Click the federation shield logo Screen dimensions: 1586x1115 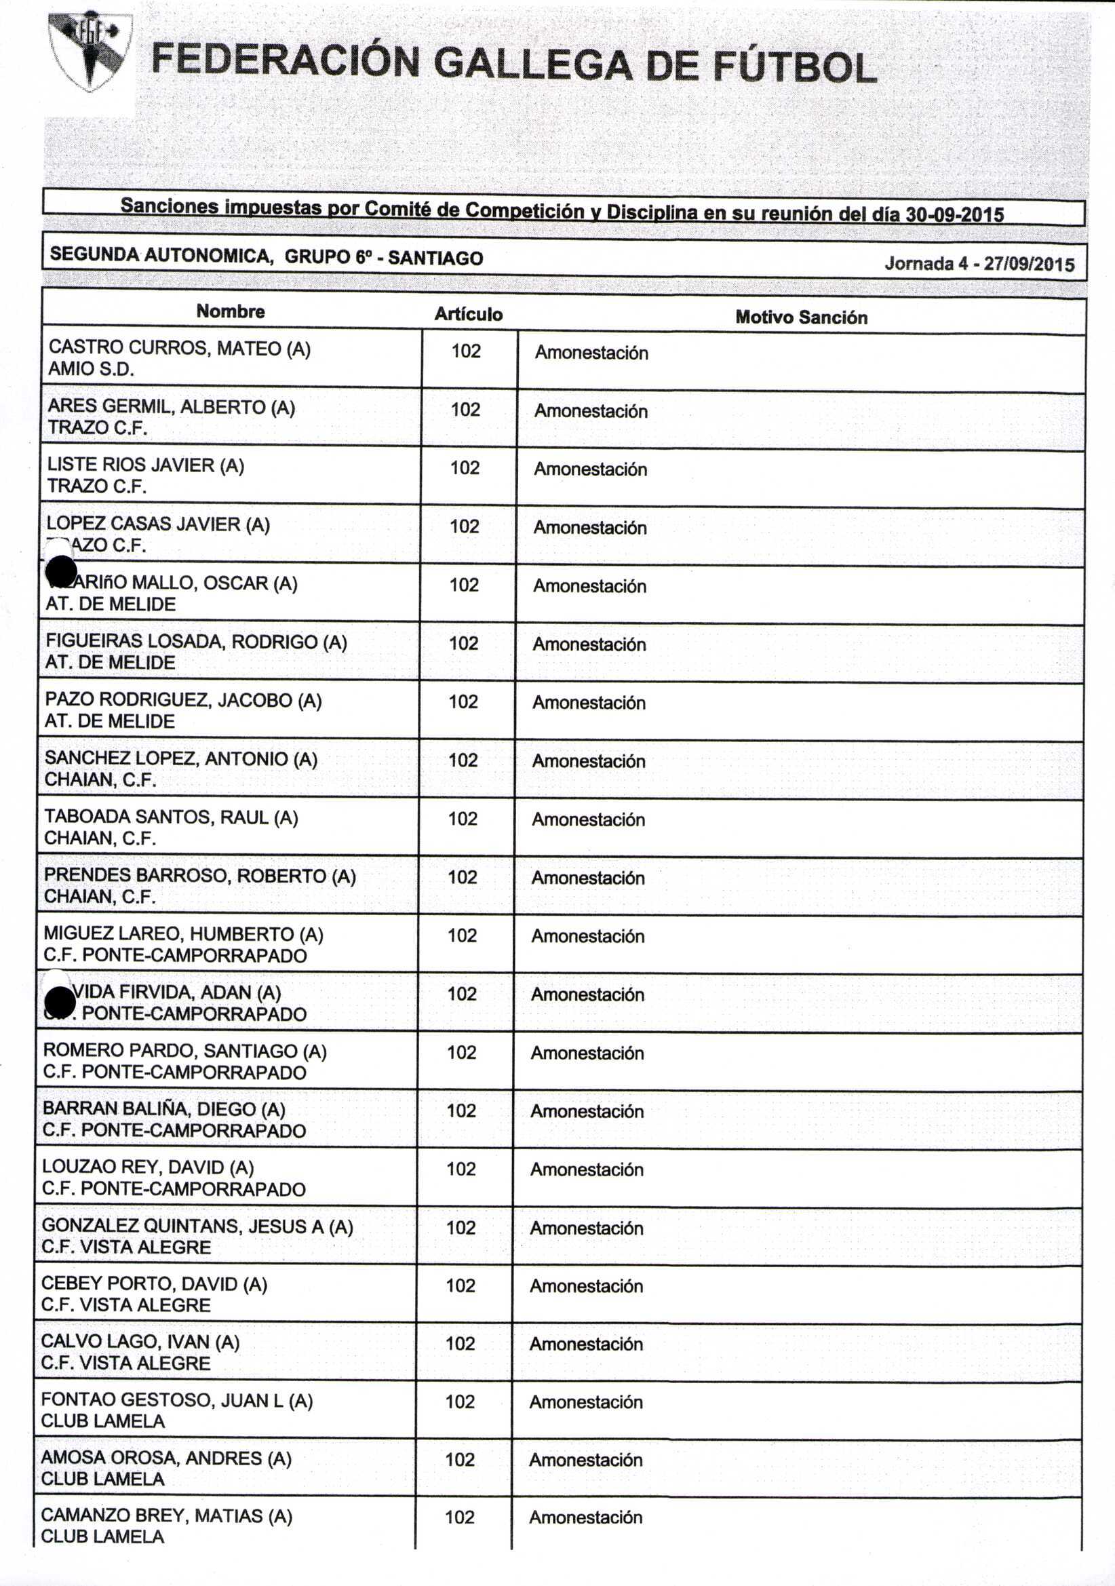click(x=89, y=52)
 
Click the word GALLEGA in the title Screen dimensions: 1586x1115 click(x=532, y=64)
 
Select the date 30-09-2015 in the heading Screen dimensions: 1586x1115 click(x=955, y=214)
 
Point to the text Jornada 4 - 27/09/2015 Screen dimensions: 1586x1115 click(x=979, y=264)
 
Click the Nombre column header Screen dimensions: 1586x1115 click(x=231, y=311)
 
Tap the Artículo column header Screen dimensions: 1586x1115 click(x=469, y=314)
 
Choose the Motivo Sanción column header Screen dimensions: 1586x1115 click(x=801, y=317)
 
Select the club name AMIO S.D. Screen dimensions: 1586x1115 click(x=90, y=369)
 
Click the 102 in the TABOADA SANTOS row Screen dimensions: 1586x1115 click(x=463, y=819)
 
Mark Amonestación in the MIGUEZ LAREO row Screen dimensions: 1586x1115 click(x=588, y=936)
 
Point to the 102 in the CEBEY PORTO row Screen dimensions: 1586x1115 click(x=461, y=1285)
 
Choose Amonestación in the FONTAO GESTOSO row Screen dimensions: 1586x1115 click(x=587, y=1402)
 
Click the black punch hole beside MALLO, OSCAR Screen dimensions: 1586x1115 click(x=61, y=571)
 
